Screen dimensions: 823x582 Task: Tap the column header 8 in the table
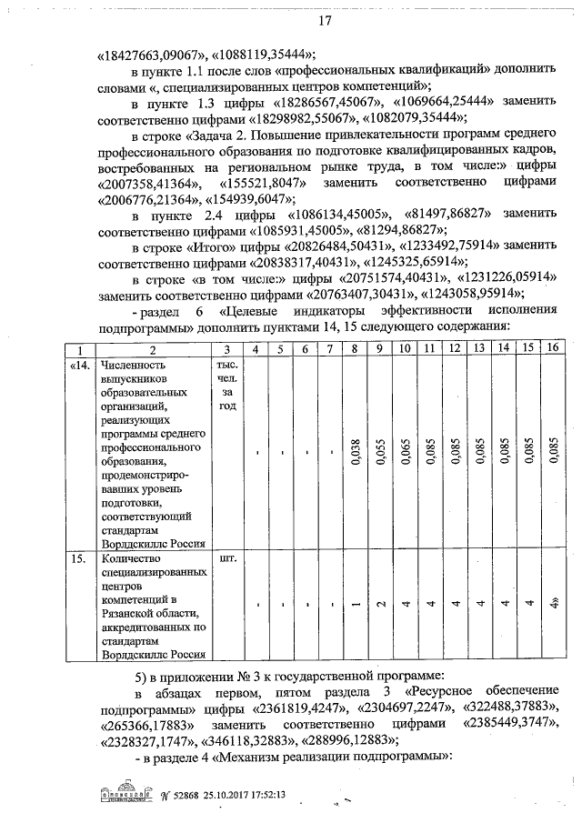coord(356,349)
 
